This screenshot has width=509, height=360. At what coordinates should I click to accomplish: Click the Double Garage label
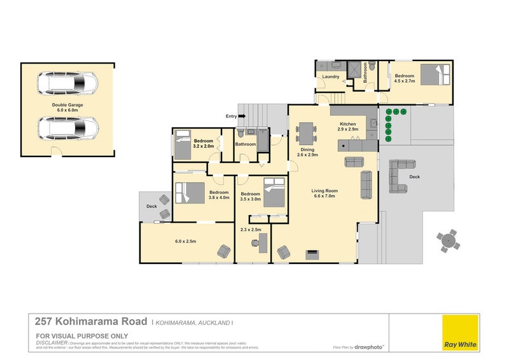tap(67, 107)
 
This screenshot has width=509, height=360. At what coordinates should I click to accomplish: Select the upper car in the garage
tap(67, 83)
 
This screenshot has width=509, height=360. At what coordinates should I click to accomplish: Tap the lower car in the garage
tap(67, 129)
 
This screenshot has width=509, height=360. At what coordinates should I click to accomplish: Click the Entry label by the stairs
tap(231, 116)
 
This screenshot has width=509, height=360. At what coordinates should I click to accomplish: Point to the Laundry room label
tap(331, 77)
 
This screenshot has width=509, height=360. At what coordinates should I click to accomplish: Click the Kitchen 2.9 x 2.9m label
tap(348, 126)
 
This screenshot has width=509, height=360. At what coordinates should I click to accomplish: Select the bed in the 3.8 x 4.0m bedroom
tap(190, 191)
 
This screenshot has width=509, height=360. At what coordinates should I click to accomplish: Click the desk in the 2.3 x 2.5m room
tap(260, 241)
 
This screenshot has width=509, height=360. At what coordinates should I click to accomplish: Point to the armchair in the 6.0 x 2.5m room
tap(224, 251)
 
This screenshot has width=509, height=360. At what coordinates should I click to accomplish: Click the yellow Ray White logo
tap(460, 333)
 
